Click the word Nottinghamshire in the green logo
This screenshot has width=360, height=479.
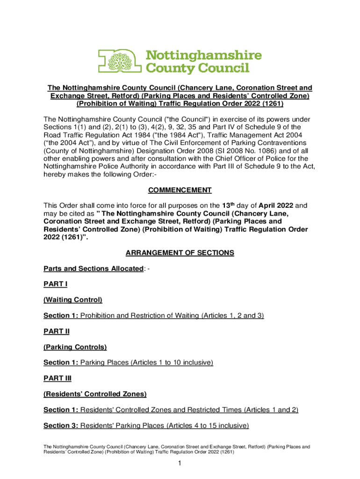[205, 56]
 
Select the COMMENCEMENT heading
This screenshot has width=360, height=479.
[180, 190]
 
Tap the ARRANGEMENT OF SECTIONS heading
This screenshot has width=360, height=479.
[180, 253]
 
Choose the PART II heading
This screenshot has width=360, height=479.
[57, 331]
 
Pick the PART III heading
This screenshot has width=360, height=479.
[58, 378]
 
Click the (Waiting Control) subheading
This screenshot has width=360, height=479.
[73, 300]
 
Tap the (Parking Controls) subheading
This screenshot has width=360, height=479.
[75, 347]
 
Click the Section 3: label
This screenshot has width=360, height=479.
[61, 426]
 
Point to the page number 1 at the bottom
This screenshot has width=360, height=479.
[180, 463]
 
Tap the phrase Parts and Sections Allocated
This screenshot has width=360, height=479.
[93, 269]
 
